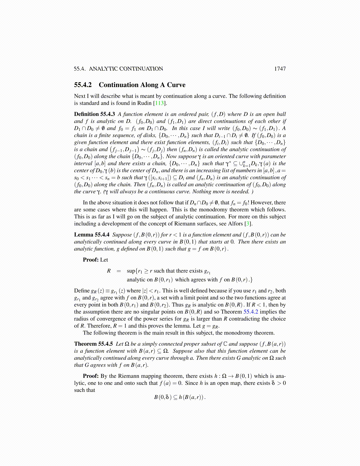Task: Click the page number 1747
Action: coord(280,69)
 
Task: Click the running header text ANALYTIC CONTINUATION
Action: coord(126,69)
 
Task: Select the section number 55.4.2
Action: coord(83,85)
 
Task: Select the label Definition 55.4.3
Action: coord(94,114)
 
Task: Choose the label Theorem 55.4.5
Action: coord(93,344)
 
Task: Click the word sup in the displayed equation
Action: coord(131,271)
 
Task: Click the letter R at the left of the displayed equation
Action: coord(109,271)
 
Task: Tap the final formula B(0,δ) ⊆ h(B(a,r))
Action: coord(180,397)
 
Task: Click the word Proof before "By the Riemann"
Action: coord(91,376)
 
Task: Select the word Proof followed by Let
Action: coord(91,260)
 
